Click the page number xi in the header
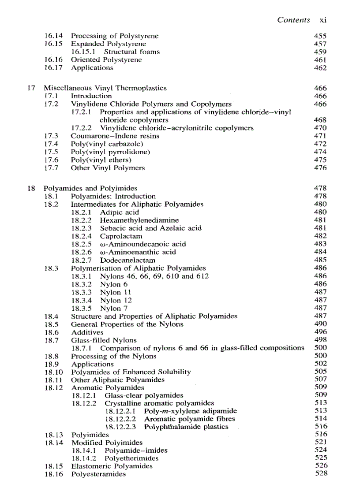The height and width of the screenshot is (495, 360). pyautogui.click(x=322, y=20)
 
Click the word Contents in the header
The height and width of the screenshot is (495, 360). pyautogui.click(x=293, y=20)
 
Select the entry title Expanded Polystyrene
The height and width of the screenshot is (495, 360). pyautogui.click(x=109, y=44)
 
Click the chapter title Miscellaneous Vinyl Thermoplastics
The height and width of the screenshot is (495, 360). pyautogui.click(x=105, y=88)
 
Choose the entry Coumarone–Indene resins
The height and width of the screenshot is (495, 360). pyautogui.click(x=115, y=136)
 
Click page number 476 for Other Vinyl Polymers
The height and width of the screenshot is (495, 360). pyautogui.click(x=321, y=168)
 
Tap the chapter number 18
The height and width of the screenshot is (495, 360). pyautogui.click(x=31, y=188)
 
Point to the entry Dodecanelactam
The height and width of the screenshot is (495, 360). pyautogui.click(x=127, y=260)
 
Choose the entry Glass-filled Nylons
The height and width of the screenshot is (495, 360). pyautogui.click(x=104, y=340)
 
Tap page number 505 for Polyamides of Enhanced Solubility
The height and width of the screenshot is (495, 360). pyautogui.click(x=321, y=372)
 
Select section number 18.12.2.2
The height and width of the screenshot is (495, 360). pyautogui.click(x=121, y=419)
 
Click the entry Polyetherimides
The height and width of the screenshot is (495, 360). pyautogui.click(x=131, y=458)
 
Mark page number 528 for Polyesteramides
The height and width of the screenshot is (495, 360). pyautogui.click(x=321, y=474)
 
